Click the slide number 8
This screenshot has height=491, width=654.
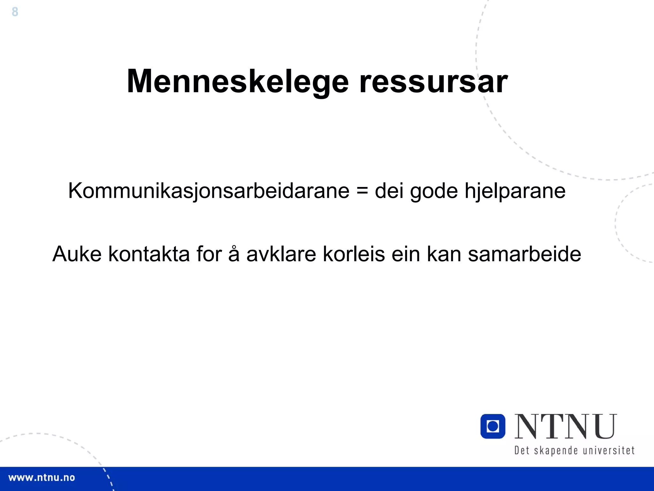click(x=15, y=12)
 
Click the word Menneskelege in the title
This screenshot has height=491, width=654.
click(x=238, y=82)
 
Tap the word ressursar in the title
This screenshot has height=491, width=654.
click(x=433, y=82)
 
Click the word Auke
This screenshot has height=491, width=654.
click(x=77, y=254)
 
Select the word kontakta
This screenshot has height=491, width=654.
click(x=149, y=254)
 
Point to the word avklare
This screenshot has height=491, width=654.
click(x=281, y=254)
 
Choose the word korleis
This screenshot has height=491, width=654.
click(x=354, y=254)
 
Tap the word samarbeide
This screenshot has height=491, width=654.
click(x=524, y=254)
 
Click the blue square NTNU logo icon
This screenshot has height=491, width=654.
click(x=493, y=426)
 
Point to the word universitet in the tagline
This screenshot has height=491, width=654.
click(x=609, y=450)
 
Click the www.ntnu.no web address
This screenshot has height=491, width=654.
click(x=42, y=478)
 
